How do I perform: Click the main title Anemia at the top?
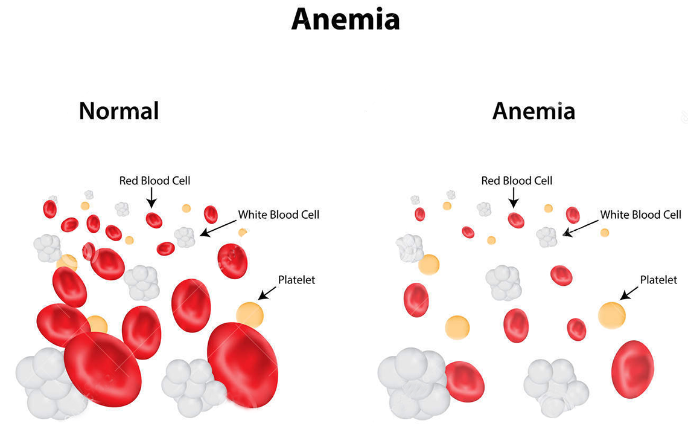[345, 20]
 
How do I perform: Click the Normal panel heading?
[119, 111]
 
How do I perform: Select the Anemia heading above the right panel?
[534, 111]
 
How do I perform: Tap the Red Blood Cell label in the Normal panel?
[155, 181]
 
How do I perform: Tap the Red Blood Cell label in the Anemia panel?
[517, 181]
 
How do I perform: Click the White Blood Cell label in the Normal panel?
[279, 215]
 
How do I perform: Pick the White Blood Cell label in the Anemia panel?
[640, 215]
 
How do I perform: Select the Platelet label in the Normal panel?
[296, 280]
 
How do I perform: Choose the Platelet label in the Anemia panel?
[658, 280]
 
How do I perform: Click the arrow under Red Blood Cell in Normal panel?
[151, 198]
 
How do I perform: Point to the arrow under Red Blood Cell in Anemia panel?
[514, 198]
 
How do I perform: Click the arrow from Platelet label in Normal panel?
[267, 294]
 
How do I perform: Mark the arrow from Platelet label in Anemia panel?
[629, 294]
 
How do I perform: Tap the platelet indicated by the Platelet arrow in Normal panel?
[250, 315]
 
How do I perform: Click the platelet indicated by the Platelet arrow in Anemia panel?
[611, 315]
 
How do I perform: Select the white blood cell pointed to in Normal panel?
[185, 237]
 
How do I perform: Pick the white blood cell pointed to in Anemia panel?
[547, 237]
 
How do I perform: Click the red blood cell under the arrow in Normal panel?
[154, 220]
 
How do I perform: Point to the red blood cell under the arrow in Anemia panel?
[516, 220]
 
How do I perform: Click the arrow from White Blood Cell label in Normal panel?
[218, 228]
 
